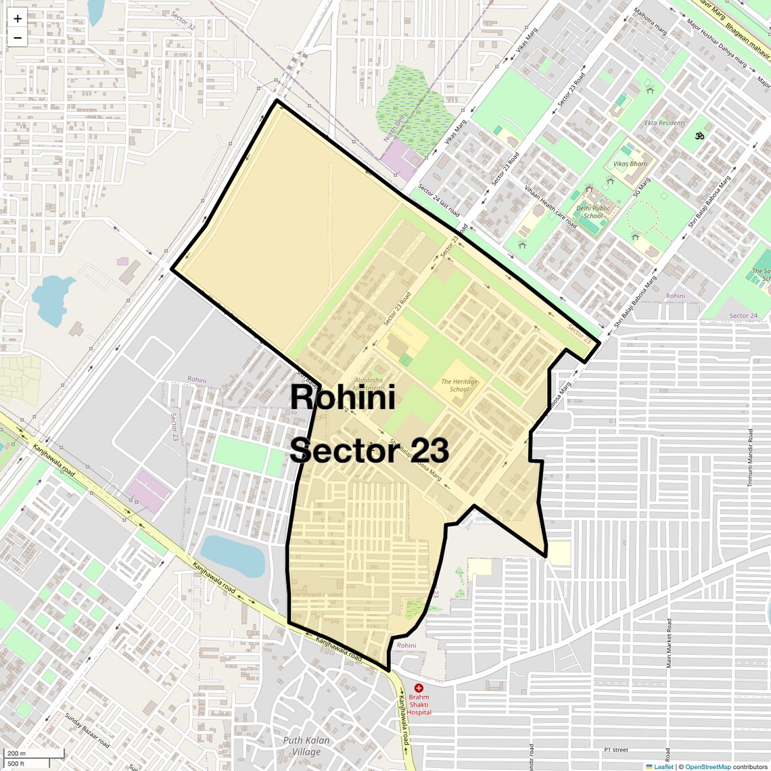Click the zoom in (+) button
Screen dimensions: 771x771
pyautogui.click(x=18, y=19)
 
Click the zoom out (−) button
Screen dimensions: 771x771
pyautogui.click(x=18, y=38)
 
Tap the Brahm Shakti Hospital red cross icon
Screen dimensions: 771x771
pyautogui.click(x=419, y=688)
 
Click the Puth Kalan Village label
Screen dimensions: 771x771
pyautogui.click(x=306, y=745)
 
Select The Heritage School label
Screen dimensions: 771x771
pyautogui.click(x=459, y=385)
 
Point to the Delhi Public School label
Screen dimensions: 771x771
pyautogui.click(x=593, y=212)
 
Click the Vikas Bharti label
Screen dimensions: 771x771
pyautogui.click(x=630, y=164)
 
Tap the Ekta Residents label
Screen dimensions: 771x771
pyautogui.click(x=665, y=123)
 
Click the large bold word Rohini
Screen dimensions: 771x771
pyautogui.click(x=342, y=398)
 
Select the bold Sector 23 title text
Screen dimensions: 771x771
pyautogui.click(x=369, y=450)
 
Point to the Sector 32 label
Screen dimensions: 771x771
pyautogui.click(x=183, y=21)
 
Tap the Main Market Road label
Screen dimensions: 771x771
pyautogui.click(x=669, y=643)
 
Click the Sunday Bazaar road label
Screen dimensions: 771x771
pyautogui.click(x=87, y=730)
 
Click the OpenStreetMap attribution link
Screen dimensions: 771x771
pyautogui.click(x=708, y=767)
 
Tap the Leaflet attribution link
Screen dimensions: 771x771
pyautogui.click(x=663, y=767)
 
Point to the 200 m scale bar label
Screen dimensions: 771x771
pyautogui.click(x=17, y=753)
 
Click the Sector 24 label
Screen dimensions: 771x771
pyautogui.click(x=743, y=316)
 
